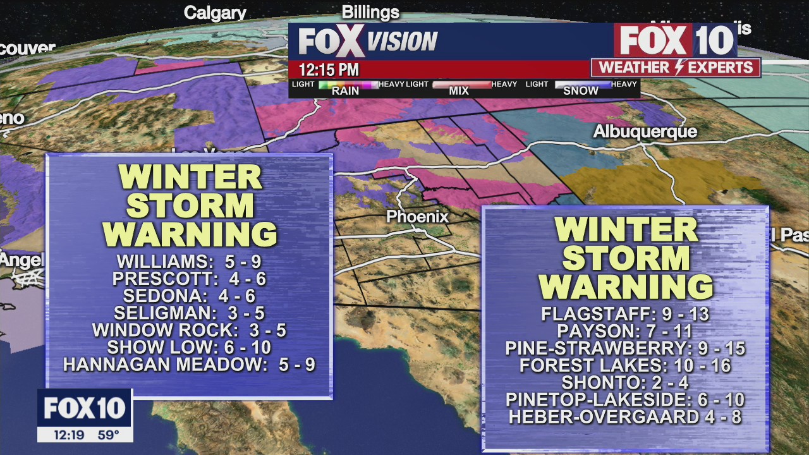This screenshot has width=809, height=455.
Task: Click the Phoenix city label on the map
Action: coord(417,217)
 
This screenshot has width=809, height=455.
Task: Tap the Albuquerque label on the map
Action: coord(645,131)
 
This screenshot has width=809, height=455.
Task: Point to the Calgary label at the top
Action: coord(215,13)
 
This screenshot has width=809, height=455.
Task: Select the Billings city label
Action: coord(370,12)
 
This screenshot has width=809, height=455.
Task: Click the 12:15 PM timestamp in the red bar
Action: coord(329,69)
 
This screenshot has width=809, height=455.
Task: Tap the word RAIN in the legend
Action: coord(345,91)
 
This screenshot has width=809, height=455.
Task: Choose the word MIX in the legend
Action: coord(459,91)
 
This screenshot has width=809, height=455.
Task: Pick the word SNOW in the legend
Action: coord(580,91)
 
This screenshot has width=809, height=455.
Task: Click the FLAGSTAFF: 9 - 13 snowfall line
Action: coord(625,314)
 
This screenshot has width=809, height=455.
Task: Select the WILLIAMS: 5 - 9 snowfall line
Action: coord(189,262)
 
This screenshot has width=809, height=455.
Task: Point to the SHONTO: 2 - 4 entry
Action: coord(625,382)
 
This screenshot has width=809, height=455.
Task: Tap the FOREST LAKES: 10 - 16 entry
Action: coord(625,365)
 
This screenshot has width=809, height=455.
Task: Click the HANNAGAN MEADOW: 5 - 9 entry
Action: coord(189,364)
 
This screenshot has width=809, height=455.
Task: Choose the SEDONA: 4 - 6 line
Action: coord(189,296)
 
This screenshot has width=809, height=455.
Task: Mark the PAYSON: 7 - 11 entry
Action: coord(625,331)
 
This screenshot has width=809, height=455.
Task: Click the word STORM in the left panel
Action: coord(189,206)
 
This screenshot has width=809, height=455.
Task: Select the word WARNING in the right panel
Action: coord(625,288)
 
